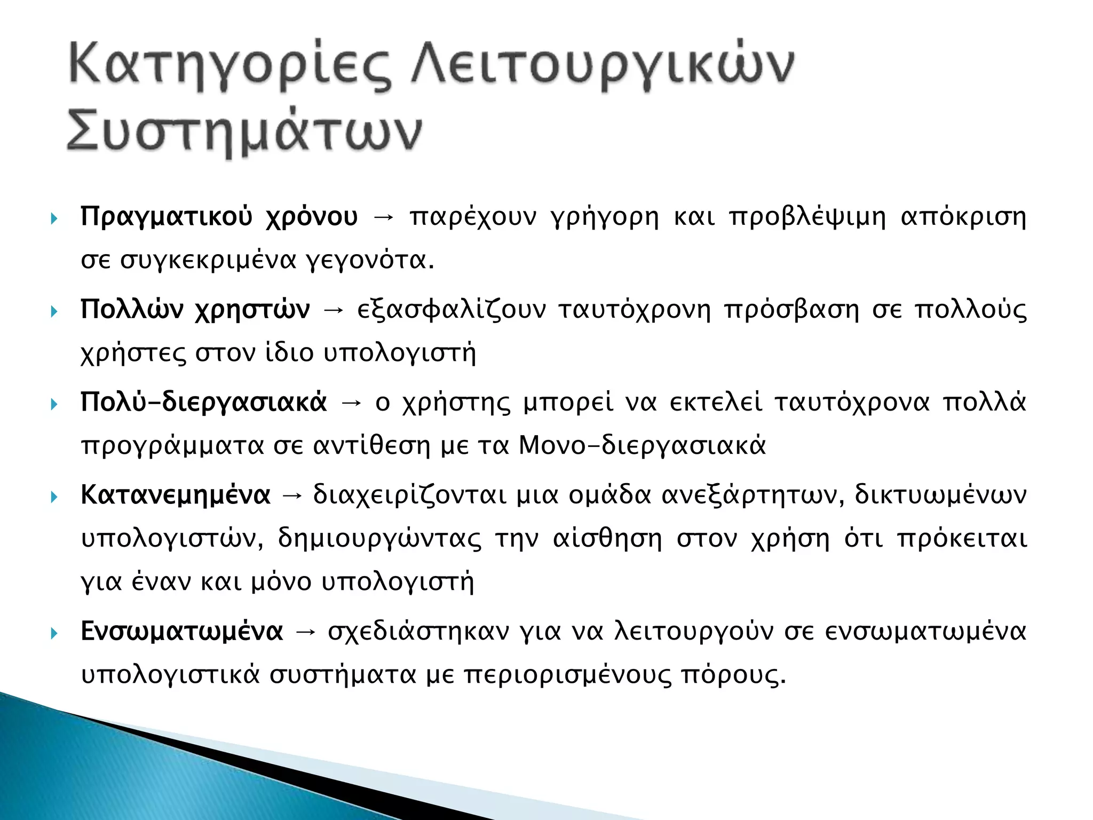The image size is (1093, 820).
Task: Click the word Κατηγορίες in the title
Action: coord(229,67)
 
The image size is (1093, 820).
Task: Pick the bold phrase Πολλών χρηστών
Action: coord(195,310)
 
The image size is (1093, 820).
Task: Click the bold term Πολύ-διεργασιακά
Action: coord(203,402)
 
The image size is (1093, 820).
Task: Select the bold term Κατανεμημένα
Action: coord(176,495)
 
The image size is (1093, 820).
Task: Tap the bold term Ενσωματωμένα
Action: coord(181,632)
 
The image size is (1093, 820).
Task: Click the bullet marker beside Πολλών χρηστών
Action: coord(54,311)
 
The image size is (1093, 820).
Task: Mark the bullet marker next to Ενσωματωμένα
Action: coord(54,633)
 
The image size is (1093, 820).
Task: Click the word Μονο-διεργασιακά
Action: coord(642,445)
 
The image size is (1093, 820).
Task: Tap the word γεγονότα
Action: coord(369,261)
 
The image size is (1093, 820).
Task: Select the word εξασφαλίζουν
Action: coord(452,310)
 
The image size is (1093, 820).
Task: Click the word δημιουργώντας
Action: coord(379,539)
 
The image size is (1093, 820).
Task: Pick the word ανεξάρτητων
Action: coord(753,495)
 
